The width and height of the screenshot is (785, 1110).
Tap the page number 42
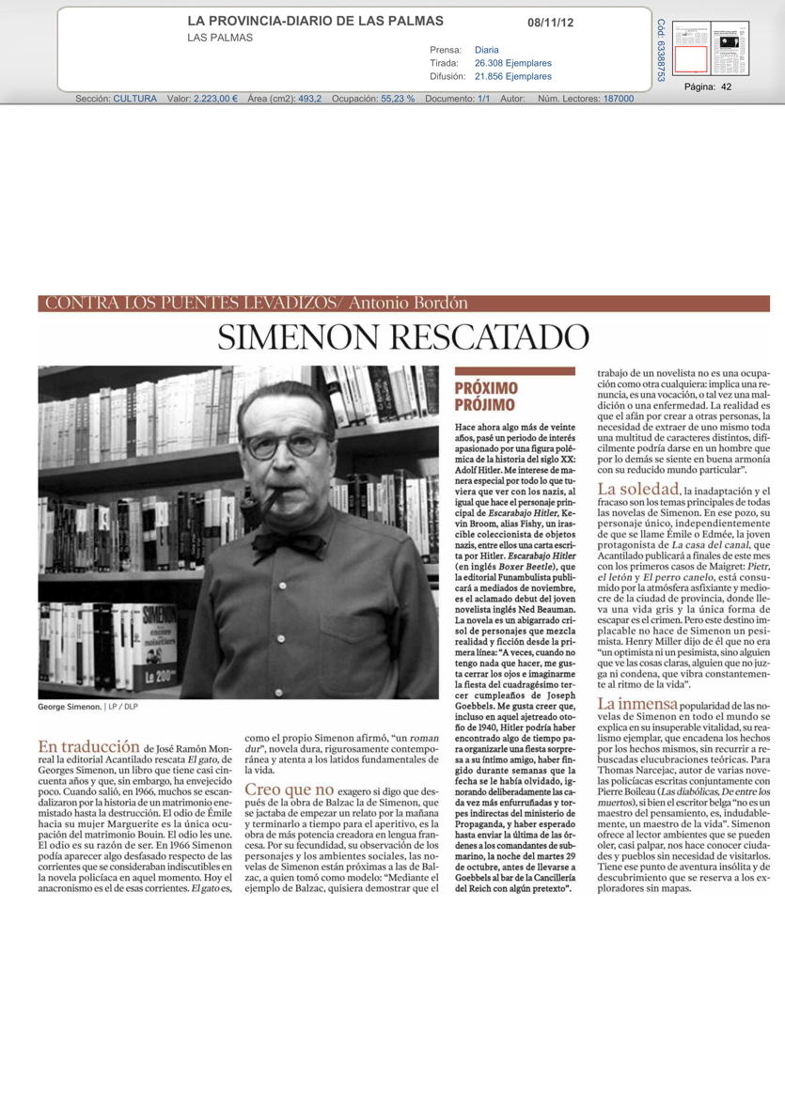tap(727, 86)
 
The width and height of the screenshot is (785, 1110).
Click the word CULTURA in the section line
tap(134, 99)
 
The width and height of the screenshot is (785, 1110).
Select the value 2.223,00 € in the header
tap(215, 99)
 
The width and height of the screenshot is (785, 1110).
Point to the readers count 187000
tap(618, 99)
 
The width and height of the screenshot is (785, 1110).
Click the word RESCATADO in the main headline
tap(496, 337)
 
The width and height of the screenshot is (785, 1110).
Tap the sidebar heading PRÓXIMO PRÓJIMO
tap(485, 396)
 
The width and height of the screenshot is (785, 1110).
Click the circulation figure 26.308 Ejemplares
tap(513, 63)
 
